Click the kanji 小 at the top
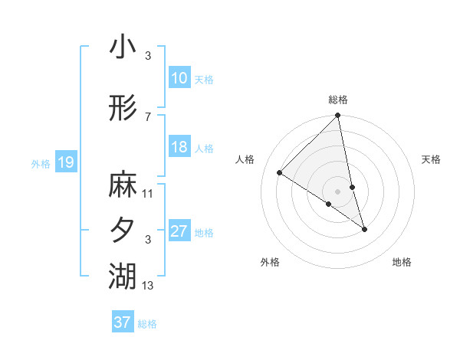tap(123, 47)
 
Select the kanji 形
tap(123, 110)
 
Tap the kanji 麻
tap(123, 185)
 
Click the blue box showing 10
tap(179, 78)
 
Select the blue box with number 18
tap(179, 147)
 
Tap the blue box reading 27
tap(179, 231)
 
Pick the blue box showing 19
tap(65, 162)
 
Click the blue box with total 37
tap(122, 322)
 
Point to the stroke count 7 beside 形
tap(147, 116)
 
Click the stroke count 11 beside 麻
tap(148, 193)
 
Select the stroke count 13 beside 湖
tap(148, 286)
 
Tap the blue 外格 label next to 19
tap(41, 163)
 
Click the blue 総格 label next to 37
tap(147, 324)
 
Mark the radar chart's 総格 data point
tap(337, 116)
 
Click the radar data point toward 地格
tap(364, 229)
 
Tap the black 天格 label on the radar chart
tap(431, 159)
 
